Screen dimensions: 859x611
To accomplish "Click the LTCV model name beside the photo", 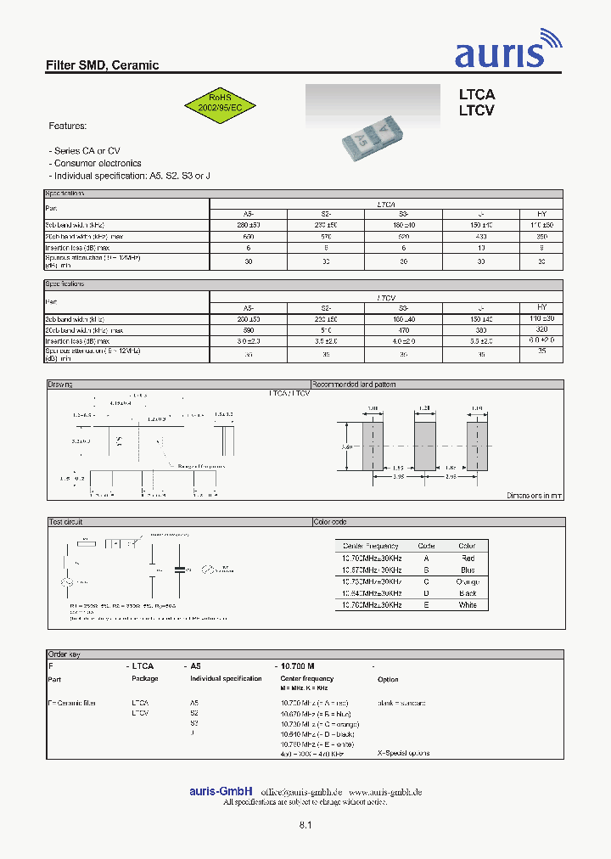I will point(476,110).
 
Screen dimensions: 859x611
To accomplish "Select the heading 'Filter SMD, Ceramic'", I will point(102,65).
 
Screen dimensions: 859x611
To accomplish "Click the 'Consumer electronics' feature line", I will point(97,163).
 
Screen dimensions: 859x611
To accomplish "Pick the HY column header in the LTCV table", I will point(542,306).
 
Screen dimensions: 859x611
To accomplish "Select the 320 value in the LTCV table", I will point(542,329).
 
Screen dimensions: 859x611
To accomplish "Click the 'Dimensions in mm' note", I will point(535,495).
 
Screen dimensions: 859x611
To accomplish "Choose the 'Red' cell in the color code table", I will point(468,558).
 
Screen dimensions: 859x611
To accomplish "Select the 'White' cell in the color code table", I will point(468,604).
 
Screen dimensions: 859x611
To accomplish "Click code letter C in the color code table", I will point(427,581).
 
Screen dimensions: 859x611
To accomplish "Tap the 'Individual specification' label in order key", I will point(226,679).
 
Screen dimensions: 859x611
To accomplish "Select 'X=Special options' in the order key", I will point(403,753).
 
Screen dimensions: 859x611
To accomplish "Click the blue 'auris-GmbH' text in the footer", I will point(221,791).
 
